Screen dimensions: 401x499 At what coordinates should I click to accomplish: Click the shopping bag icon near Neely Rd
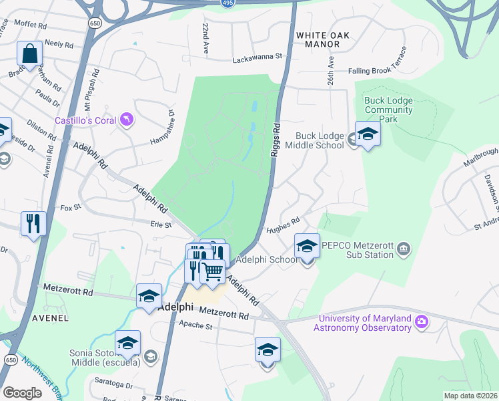(x=30, y=53)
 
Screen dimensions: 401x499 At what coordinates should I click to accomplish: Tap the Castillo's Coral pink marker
(x=126, y=120)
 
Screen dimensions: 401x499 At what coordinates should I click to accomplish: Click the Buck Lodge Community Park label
(x=389, y=110)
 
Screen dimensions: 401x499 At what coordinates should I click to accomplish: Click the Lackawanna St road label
(x=258, y=59)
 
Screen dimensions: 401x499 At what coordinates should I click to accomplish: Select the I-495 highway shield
(x=227, y=3)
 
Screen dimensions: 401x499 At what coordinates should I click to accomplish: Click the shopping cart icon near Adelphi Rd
(x=212, y=271)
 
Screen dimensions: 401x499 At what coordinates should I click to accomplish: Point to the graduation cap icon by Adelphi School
(x=307, y=246)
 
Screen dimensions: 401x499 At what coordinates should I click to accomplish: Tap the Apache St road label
(x=195, y=327)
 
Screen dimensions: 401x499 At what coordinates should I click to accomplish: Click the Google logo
(x=23, y=393)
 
